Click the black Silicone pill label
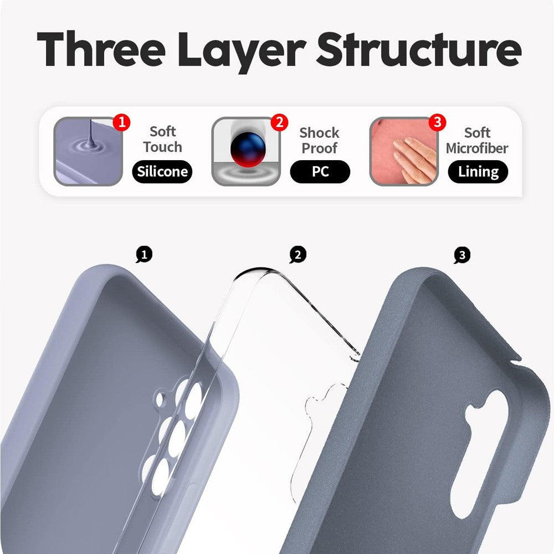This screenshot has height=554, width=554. tap(162, 172)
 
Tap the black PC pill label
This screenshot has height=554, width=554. tap(320, 172)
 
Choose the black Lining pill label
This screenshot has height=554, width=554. tap(478, 172)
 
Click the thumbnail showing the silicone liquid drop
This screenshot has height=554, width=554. tap(88, 151)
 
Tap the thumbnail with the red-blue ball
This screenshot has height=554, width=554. tap(245, 151)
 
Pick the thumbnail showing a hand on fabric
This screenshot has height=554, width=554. tap(403, 151)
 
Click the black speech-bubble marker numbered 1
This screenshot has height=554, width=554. tap(144, 255)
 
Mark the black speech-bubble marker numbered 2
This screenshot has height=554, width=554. tap(297, 255)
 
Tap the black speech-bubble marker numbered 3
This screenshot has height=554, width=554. tap(461, 255)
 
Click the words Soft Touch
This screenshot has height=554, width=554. tap(162, 139)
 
